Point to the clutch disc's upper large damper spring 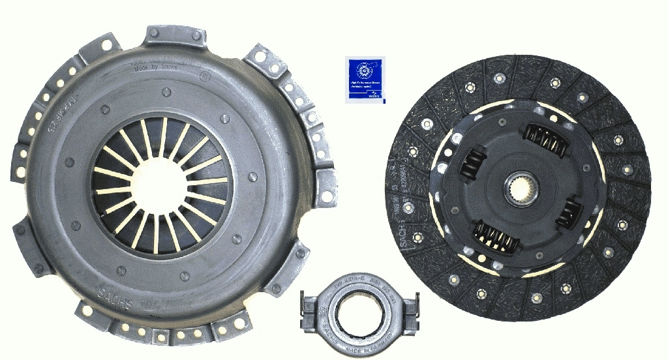tap(544, 139)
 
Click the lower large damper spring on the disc tap(498, 239)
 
